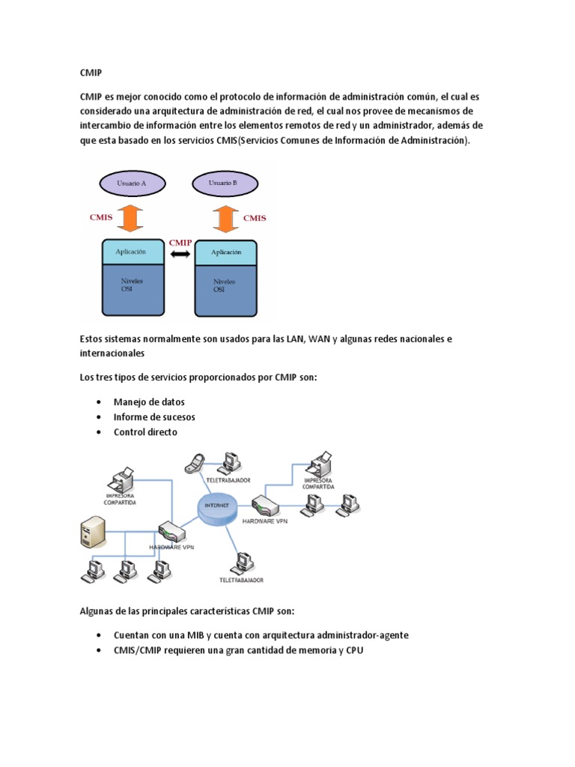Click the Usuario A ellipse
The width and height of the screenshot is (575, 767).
pyautogui.click(x=132, y=183)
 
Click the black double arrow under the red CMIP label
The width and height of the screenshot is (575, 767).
pyautogui.click(x=180, y=255)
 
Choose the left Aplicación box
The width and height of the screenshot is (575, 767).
pyautogui.click(x=132, y=252)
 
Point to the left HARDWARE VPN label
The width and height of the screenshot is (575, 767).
pyautogui.click(x=171, y=548)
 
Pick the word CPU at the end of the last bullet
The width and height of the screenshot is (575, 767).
pyautogui.click(x=354, y=650)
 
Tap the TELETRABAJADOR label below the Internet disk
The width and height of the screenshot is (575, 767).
pyautogui.click(x=242, y=580)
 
